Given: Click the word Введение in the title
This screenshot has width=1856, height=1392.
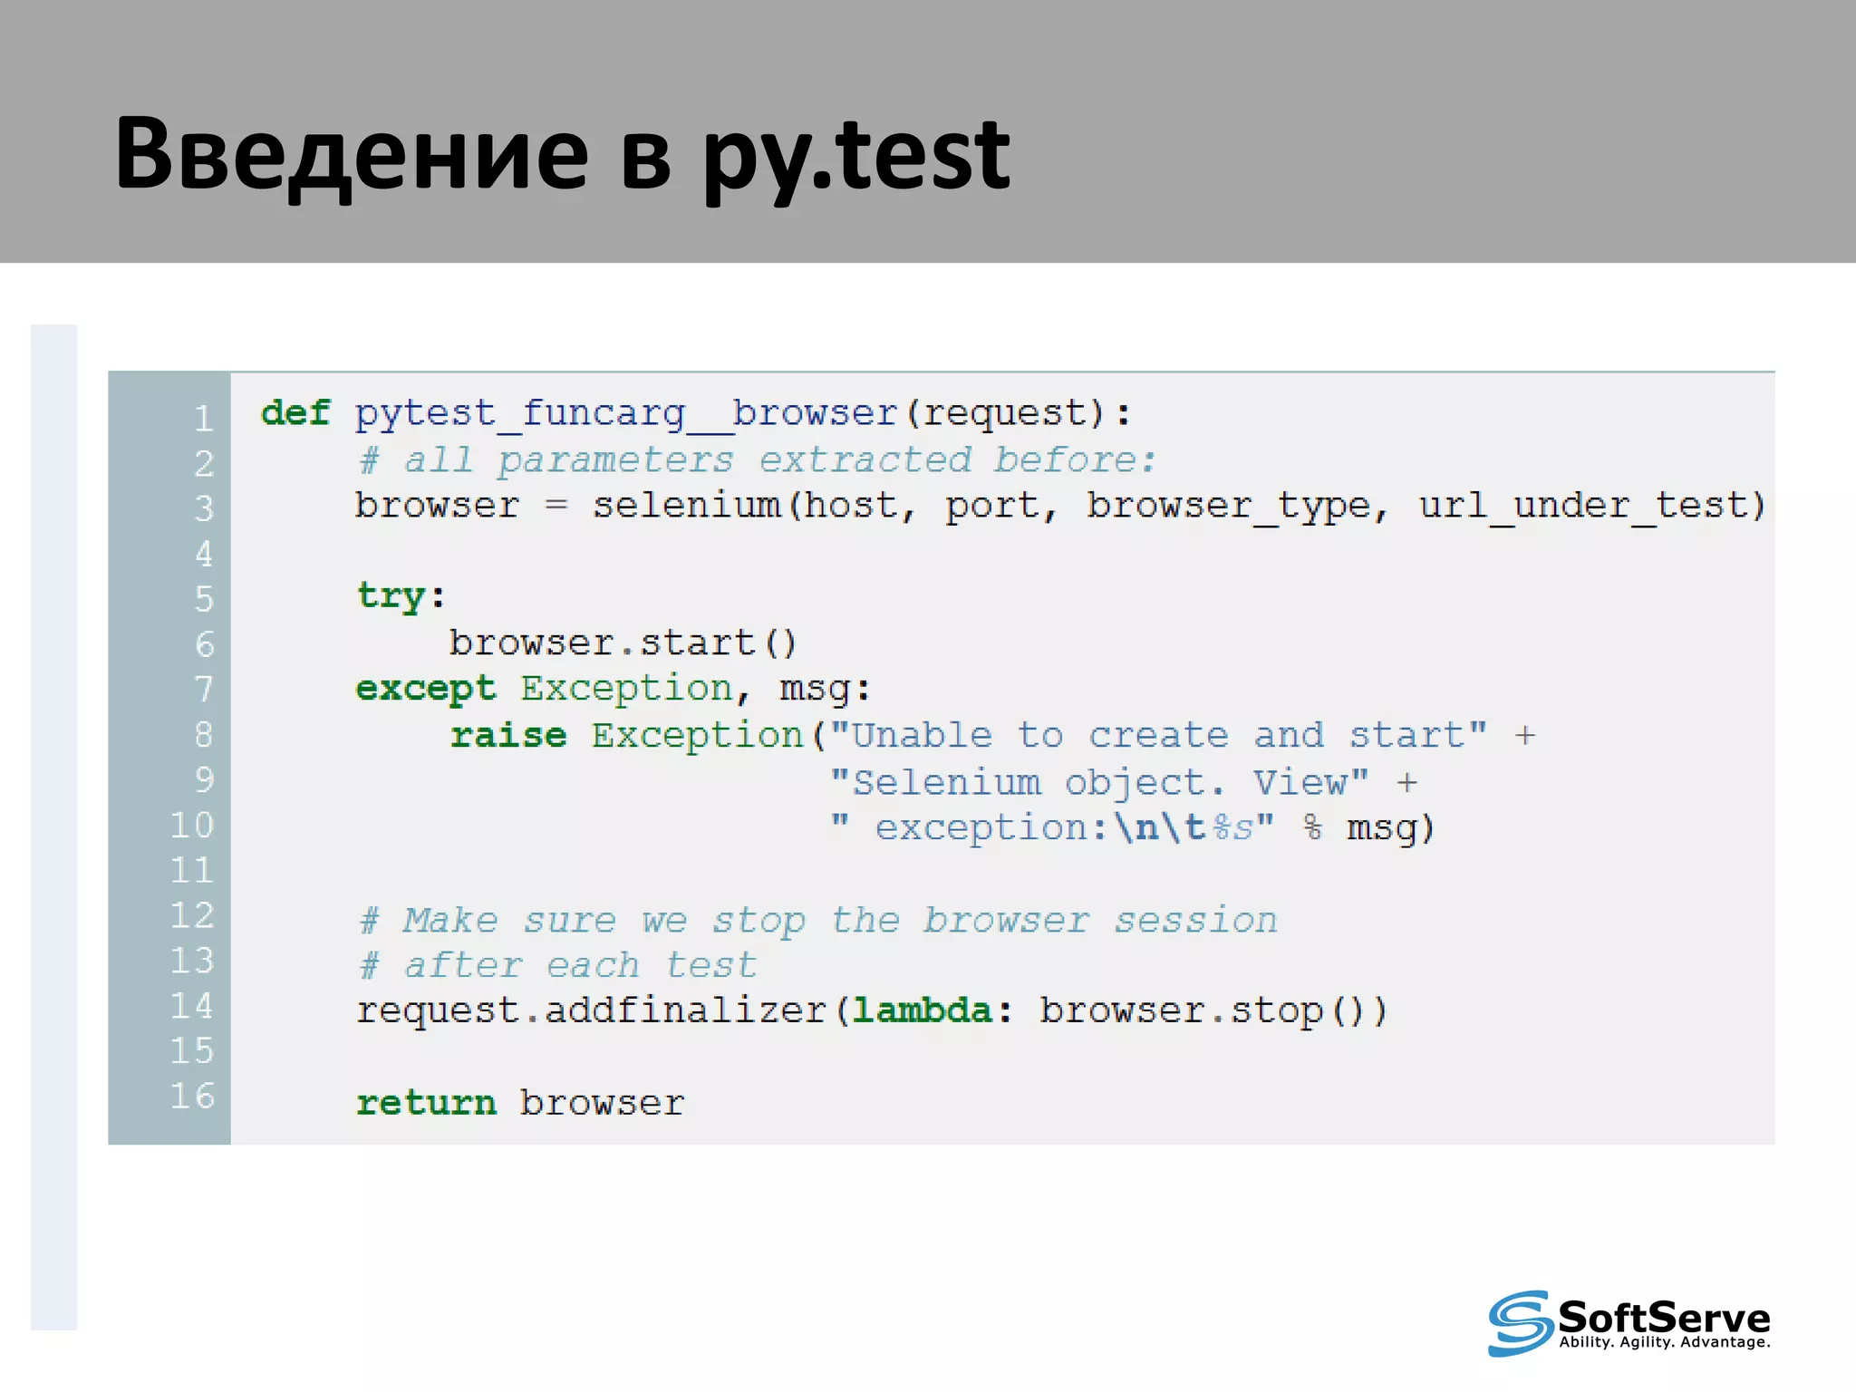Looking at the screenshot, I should (352, 154).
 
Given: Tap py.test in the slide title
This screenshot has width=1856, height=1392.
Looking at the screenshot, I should (856, 156).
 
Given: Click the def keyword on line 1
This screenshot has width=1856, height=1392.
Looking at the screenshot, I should (295, 413).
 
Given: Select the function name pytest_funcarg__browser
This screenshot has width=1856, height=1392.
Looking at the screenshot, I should (626, 414).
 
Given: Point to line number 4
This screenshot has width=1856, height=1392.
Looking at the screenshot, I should (204, 554).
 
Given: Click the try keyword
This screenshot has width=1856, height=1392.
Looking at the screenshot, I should (391, 597).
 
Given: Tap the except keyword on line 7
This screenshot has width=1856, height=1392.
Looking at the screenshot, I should (426, 690).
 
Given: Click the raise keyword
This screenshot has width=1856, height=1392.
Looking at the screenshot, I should (508, 735).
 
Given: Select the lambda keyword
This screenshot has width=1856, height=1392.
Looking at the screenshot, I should (923, 1010).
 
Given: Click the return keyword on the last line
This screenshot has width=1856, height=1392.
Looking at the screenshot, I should (426, 1103).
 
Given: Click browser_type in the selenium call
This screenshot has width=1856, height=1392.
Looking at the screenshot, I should (1228, 506).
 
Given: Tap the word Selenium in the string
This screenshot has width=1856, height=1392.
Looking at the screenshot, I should (947, 782).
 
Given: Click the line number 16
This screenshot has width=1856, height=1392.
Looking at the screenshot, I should (193, 1097).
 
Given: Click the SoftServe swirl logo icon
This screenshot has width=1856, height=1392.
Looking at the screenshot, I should (1520, 1323).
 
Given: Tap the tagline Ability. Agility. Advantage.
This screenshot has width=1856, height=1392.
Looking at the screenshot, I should (1664, 1342).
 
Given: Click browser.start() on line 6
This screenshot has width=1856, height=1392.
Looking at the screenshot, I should (623, 643).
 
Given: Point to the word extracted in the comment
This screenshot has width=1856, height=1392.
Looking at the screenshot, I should (865, 460).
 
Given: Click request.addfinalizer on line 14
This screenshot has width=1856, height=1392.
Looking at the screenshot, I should (592, 1010).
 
